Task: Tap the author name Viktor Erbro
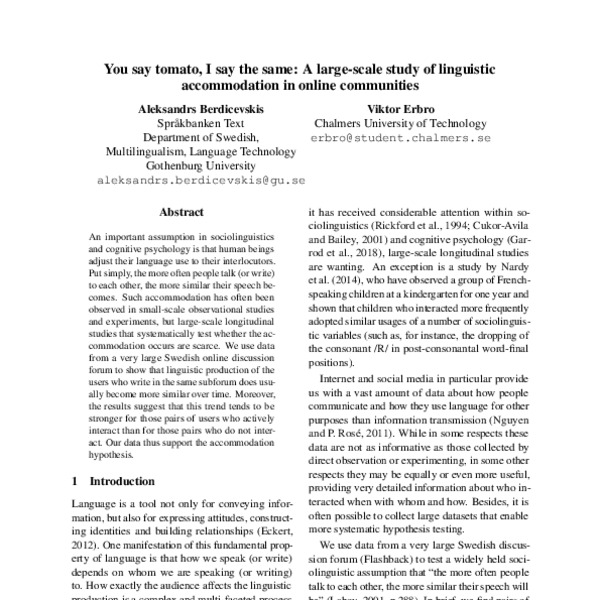pyautogui.click(x=401, y=107)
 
